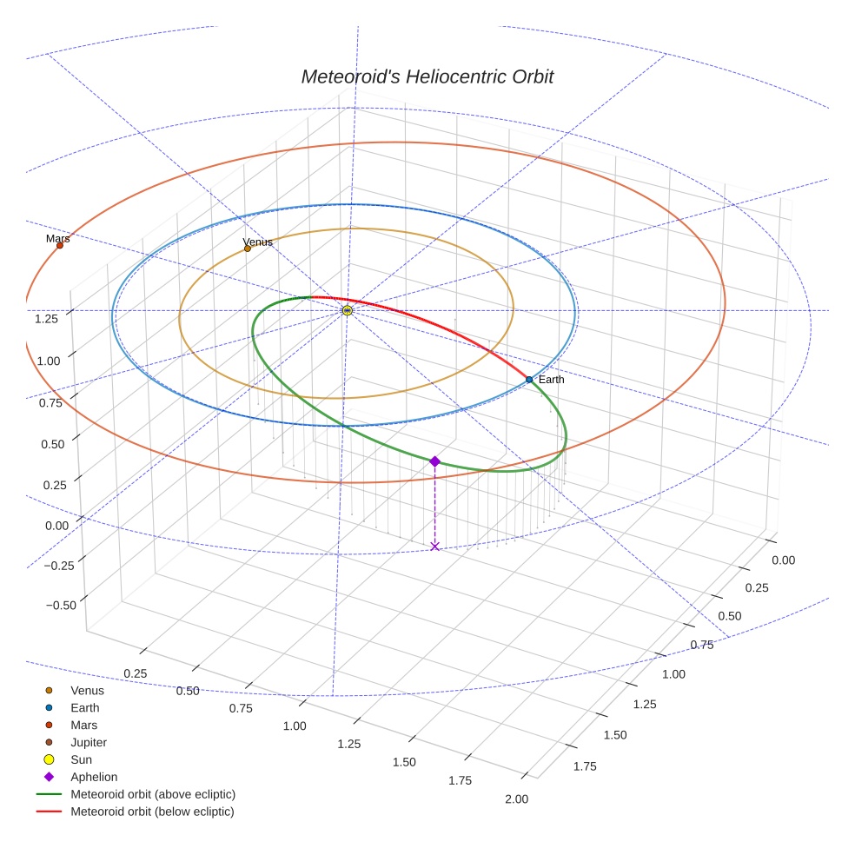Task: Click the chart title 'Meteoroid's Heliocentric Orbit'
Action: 427,76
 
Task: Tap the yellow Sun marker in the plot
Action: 347,310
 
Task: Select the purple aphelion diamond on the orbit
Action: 434,461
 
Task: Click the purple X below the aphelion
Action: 434,546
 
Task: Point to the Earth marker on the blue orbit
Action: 528,380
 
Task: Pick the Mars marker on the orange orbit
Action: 60,245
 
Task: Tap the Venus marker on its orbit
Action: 248,249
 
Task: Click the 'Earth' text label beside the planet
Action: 551,380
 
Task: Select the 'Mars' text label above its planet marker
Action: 57,237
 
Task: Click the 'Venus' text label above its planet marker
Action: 257,242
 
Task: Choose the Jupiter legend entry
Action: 89,742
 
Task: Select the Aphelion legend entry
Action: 93,777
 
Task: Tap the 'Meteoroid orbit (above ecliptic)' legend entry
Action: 152,794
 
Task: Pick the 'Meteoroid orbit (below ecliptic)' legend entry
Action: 152,812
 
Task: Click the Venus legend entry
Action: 87,690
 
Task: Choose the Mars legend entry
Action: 83,725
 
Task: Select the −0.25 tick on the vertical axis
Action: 60,566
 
